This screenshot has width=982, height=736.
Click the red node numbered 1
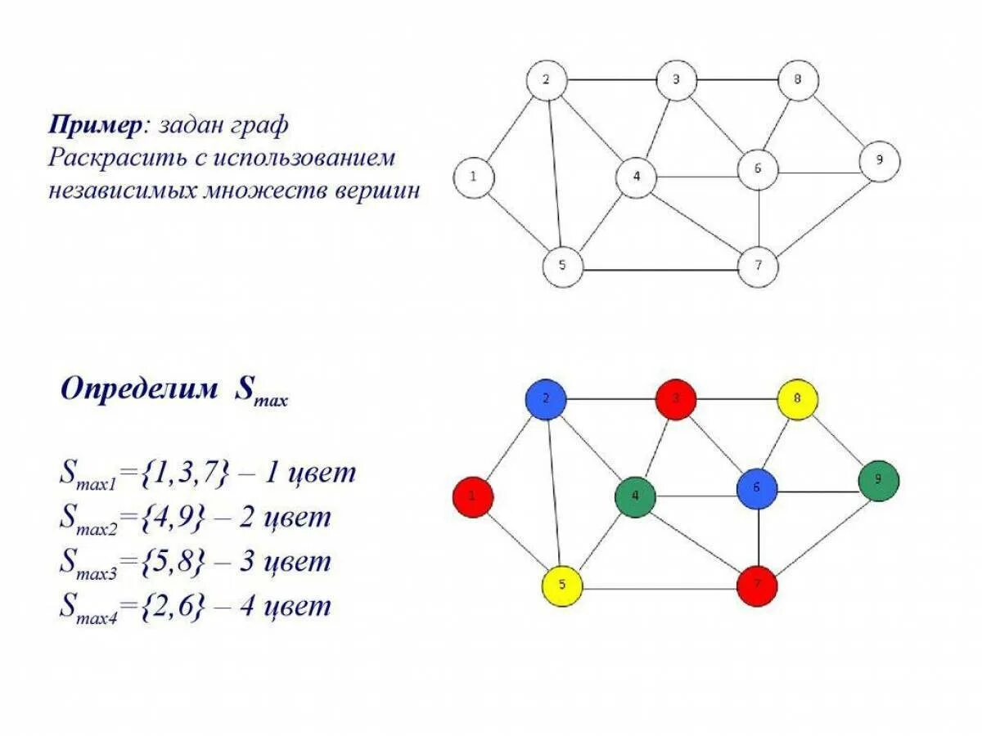(x=473, y=496)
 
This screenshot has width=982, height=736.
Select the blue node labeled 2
(x=546, y=400)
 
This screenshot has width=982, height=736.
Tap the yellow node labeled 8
(x=798, y=400)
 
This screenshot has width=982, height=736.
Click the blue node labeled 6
(x=757, y=488)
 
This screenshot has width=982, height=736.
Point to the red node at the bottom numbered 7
(x=757, y=586)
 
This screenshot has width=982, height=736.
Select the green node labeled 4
(x=636, y=496)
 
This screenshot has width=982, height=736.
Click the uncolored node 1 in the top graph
(x=473, y=177)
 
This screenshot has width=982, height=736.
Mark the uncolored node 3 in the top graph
(x=677, y=80)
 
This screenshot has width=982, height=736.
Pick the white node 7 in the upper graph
(x=758, y=267)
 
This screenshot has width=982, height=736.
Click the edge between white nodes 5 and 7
(x=660, y=270)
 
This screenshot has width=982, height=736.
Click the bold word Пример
(x=95, y=126)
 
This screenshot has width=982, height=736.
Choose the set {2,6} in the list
(x=171, y=607)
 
